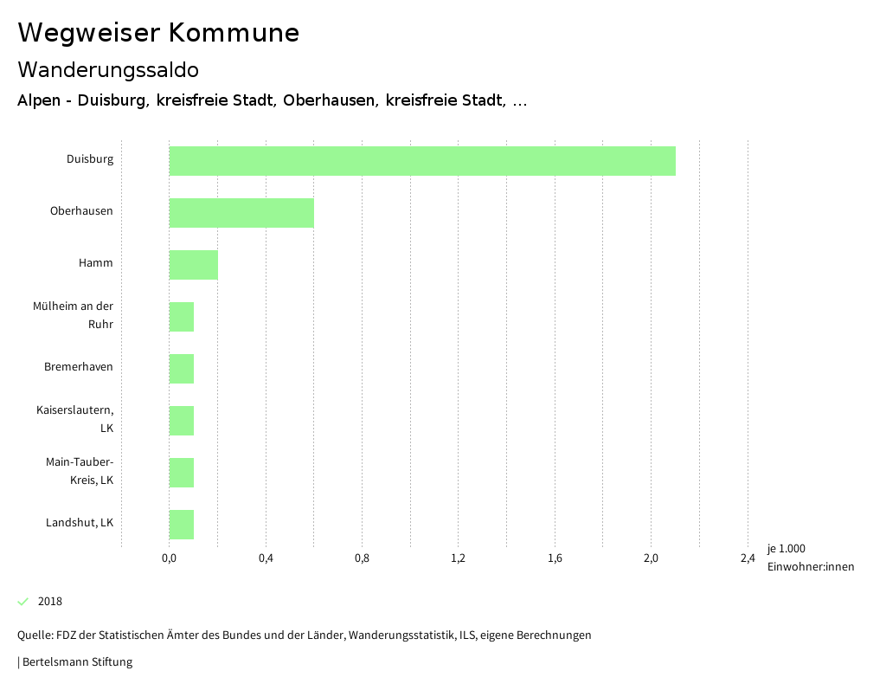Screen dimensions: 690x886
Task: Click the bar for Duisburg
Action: click(x=421, y=161)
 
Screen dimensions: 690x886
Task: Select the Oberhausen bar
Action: click(x=241, y=213)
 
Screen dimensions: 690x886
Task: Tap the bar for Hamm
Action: click(x=193, y=265)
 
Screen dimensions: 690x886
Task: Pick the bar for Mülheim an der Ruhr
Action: click(x=181, y=317)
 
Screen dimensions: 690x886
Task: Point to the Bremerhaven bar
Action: click(x=181, y=369)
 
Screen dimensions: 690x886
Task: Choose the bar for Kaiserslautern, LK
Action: click(x=181, y=421)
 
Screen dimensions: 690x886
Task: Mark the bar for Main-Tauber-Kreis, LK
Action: click(x=181, y=473)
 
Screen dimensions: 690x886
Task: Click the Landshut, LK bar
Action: click(x=181, y=525)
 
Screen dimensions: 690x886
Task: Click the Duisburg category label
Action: click(x=90, y=159)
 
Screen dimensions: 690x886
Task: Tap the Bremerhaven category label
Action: click(x=79, y=367)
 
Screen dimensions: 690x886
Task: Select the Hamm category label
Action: click(x=95, y=263)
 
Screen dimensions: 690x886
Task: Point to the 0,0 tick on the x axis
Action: click(x=169, y=558)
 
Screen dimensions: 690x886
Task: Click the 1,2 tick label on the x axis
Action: click(x=459, y=558)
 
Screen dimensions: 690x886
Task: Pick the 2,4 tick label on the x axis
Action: click(x=748, y=558)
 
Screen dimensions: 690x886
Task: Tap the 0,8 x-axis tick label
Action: click(x=362, y=558)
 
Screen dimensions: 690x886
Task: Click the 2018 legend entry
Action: click(x=49, y=602)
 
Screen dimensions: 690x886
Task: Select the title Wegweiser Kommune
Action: click(x=158, y=33)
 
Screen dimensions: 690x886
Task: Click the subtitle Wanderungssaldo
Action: click(x=108, y=69)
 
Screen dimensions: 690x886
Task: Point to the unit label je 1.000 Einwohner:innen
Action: click(x=810, y=558)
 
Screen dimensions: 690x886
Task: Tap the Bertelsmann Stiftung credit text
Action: click(x=76, y=662)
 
